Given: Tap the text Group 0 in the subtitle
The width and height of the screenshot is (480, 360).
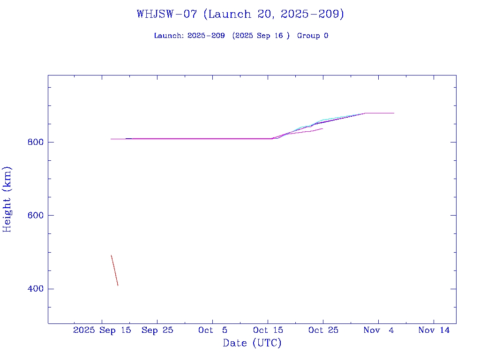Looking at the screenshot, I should click(313, 36).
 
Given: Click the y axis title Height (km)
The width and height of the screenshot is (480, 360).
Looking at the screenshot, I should click(7, 199).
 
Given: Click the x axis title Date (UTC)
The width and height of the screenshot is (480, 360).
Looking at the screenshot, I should click(252, 343).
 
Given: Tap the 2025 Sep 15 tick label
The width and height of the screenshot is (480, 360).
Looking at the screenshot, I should click(102, 330).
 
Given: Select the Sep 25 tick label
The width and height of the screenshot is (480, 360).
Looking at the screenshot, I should click(157, 330).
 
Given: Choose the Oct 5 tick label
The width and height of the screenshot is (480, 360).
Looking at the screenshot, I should click(213, 330).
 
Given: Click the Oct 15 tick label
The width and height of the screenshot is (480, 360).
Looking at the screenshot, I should click(268, 330).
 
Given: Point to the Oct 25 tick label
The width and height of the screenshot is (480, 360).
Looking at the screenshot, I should click(323, 330).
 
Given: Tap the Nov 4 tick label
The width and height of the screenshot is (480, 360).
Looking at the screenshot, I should click(378, 330).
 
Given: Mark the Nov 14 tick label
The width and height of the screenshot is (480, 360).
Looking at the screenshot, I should click(434, 330).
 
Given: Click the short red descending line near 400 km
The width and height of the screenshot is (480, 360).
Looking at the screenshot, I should click(114, 270).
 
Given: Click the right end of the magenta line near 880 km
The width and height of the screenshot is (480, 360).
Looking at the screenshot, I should click(393, 113).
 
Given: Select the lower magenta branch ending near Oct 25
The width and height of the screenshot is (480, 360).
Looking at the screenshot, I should click(312, 131).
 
